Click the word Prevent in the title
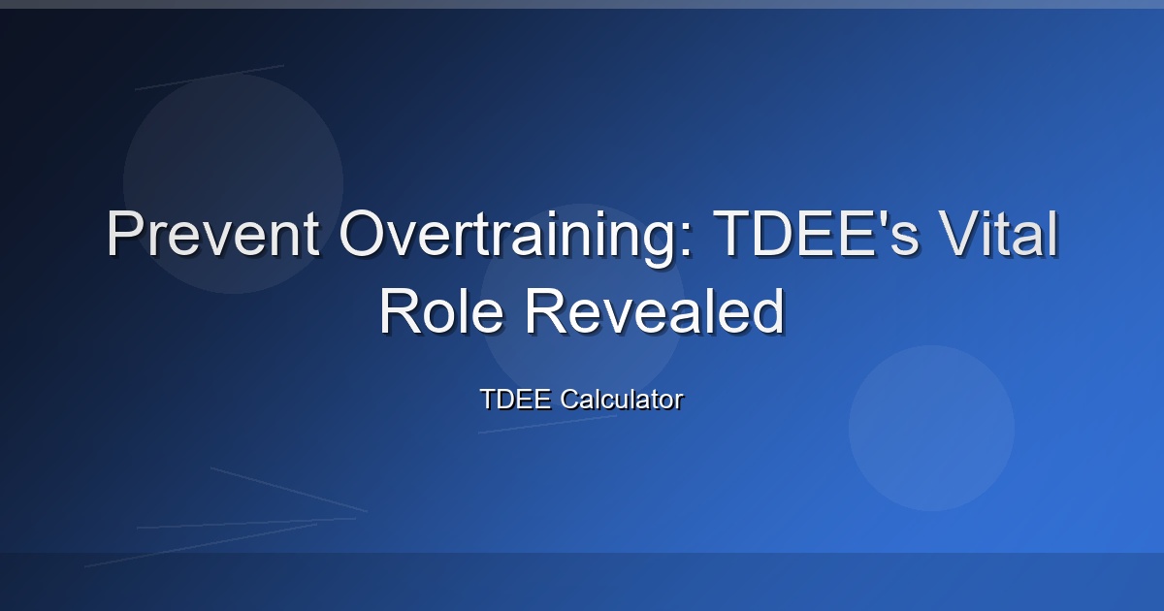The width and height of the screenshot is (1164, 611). [x=213, y=233]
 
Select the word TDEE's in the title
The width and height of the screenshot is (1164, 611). [x=820, y=233]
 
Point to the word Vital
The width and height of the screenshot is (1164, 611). [x=999, y=233]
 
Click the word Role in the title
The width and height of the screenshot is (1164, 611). [x=442, y=310]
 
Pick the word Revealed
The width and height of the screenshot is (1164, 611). [x=655, y=310]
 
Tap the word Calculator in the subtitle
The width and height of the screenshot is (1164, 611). [x=622, y=399]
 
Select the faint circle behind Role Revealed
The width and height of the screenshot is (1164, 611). [x=583, y=305]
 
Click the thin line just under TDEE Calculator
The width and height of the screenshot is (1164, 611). [x=548, y=424]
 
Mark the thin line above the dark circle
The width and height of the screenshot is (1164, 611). [x=210, y=78]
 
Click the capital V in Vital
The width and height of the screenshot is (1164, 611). [x=960, y=233]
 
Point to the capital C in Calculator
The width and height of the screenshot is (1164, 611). [x=570, y=399]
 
